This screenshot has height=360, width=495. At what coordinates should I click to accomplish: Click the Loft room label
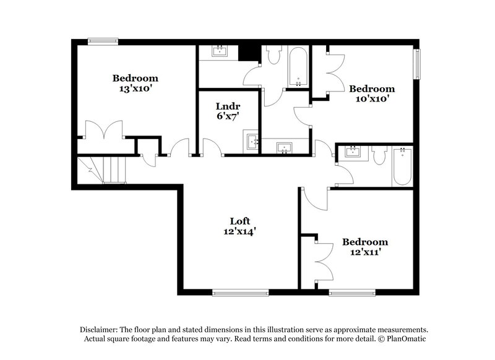(239, 220)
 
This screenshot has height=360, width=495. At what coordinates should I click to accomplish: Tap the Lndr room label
(223, 105)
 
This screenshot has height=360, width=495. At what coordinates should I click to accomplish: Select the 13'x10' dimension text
(135, 89)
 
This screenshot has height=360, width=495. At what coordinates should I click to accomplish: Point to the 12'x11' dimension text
(365, 252)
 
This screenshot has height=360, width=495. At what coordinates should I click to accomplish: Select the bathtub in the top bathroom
(299, 67)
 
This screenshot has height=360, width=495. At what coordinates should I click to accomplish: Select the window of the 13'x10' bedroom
(103, 41)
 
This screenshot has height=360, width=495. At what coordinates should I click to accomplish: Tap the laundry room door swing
(212, 147)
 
